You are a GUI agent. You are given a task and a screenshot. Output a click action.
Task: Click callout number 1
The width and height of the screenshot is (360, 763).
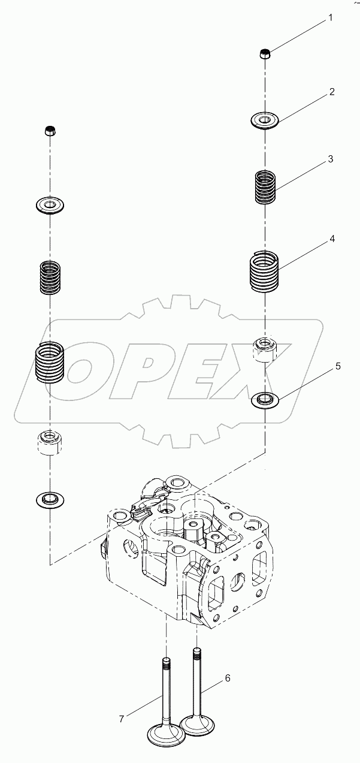(x=329, y=19)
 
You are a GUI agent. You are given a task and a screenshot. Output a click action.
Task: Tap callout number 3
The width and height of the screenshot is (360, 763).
(x=331, y=159)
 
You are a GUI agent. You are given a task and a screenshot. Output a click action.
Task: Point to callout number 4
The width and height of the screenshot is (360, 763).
(x=331, y=239)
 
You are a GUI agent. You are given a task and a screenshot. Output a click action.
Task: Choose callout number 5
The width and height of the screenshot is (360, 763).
(x=337, y=366)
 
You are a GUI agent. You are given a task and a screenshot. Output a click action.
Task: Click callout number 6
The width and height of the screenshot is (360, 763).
(x=227, y=678)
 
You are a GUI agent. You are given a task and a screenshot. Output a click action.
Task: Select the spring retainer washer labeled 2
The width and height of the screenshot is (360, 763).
(x=264, y=120)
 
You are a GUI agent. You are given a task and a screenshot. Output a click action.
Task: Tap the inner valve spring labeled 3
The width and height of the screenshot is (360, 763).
(x=264, y=186)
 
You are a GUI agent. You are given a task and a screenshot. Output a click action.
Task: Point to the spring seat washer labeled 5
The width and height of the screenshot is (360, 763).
(x=264, y=399)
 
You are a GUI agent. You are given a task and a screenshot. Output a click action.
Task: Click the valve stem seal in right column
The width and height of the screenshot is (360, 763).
(x=264, y=349)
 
